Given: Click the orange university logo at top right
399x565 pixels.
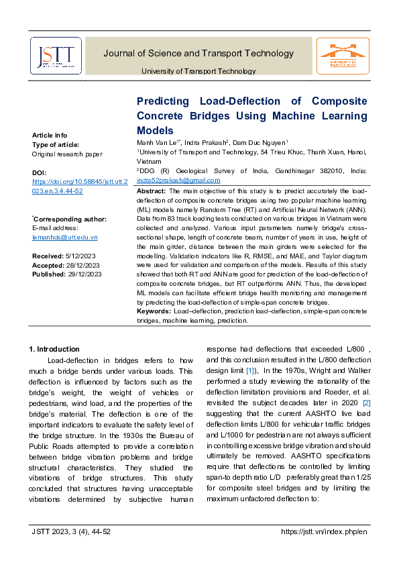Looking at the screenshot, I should tap(343, 55).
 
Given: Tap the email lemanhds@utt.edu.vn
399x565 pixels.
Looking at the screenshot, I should tap(65, 238).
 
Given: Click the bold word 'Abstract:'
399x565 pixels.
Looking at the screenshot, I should tap(151, 191).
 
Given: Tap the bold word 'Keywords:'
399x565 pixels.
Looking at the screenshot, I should tap(154, 312).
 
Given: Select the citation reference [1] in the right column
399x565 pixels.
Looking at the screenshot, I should tap(249, 370).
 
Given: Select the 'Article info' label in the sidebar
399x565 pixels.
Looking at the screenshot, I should tap(50, 135).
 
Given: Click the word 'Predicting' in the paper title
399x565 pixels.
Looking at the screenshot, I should tap(162, 101).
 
